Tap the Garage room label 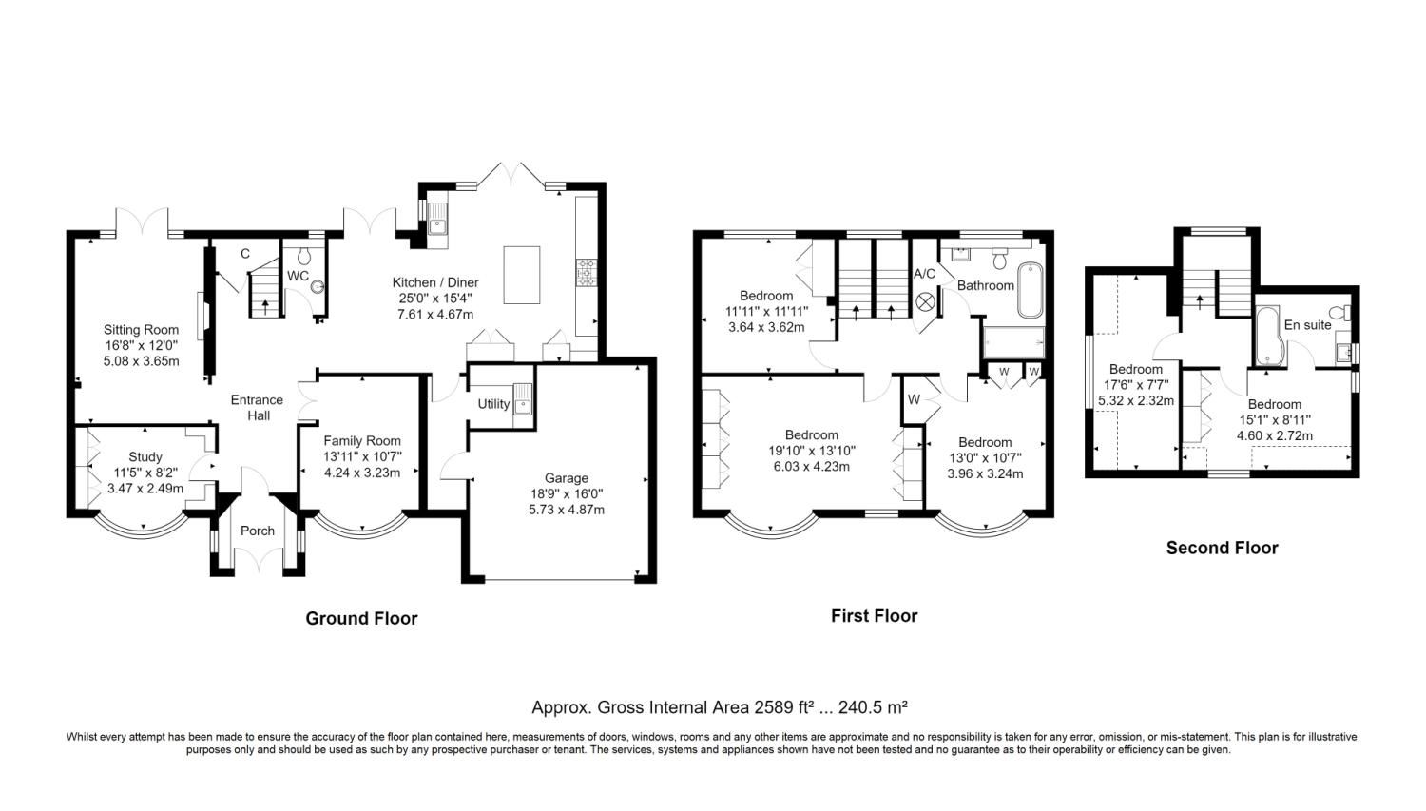566,478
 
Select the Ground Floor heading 361,618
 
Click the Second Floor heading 1222,548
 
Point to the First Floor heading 874,616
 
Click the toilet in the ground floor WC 304,256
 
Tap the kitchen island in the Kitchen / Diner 521,275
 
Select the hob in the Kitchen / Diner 586,273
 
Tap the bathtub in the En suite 1266,337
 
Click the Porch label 257,531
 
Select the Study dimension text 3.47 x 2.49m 145,489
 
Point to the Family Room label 362,440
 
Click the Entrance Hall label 257,407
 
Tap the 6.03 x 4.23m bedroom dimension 811,466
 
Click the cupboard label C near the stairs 244,254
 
